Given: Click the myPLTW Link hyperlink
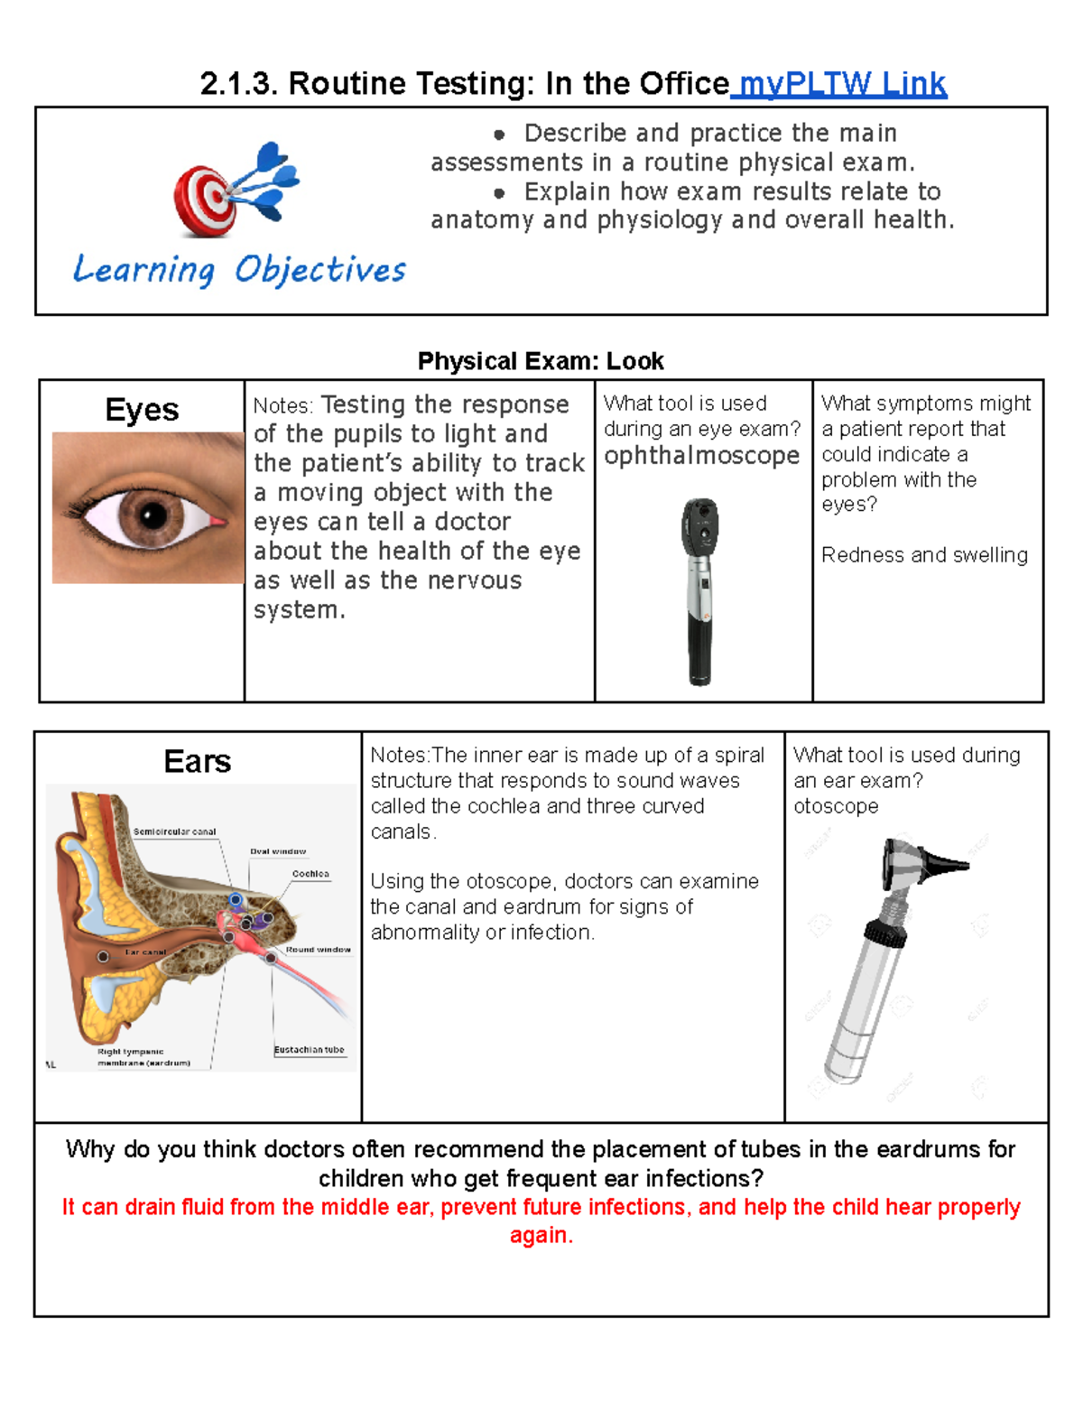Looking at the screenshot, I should (839, 84).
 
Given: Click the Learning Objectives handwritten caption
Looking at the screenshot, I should (239, 270).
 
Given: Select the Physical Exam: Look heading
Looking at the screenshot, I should (540, 361).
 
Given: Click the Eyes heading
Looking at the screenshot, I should (142, 410).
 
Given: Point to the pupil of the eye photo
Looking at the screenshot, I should (153, 515).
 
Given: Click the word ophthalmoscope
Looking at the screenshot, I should (701, 456).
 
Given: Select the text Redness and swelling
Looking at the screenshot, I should (924, 555).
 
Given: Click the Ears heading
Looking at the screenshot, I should (197, 762).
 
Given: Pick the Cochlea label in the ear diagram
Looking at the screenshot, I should (310, 874).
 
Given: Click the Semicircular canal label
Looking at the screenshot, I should (174, 831).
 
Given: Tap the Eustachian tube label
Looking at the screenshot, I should (310, 1050).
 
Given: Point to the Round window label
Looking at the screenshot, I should (318, 950).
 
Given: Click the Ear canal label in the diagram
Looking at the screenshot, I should (145, 952).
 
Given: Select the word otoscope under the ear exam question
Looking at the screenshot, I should (836, 806).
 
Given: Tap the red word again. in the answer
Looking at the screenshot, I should (541, 1235).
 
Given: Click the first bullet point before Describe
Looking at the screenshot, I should (499, 135).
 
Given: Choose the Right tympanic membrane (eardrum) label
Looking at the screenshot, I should (144, 1057).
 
